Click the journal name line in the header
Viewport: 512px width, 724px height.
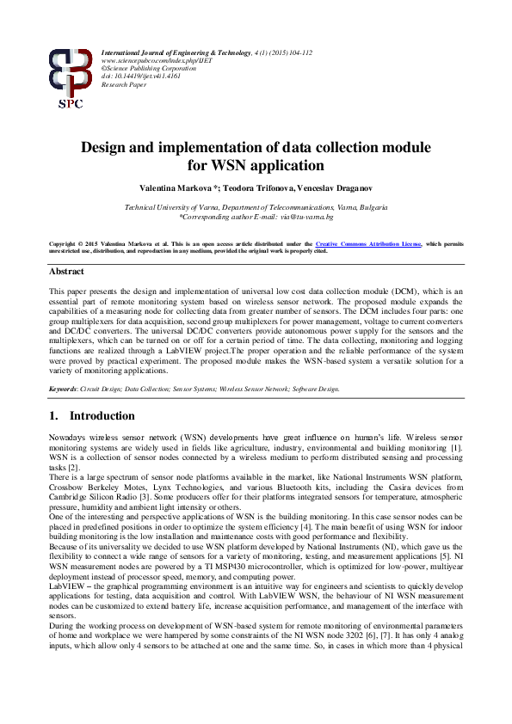(x=207, y=53)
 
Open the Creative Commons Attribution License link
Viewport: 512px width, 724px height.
(x=368, y=244)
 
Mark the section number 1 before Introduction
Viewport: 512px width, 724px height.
(x=53, y=416)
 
